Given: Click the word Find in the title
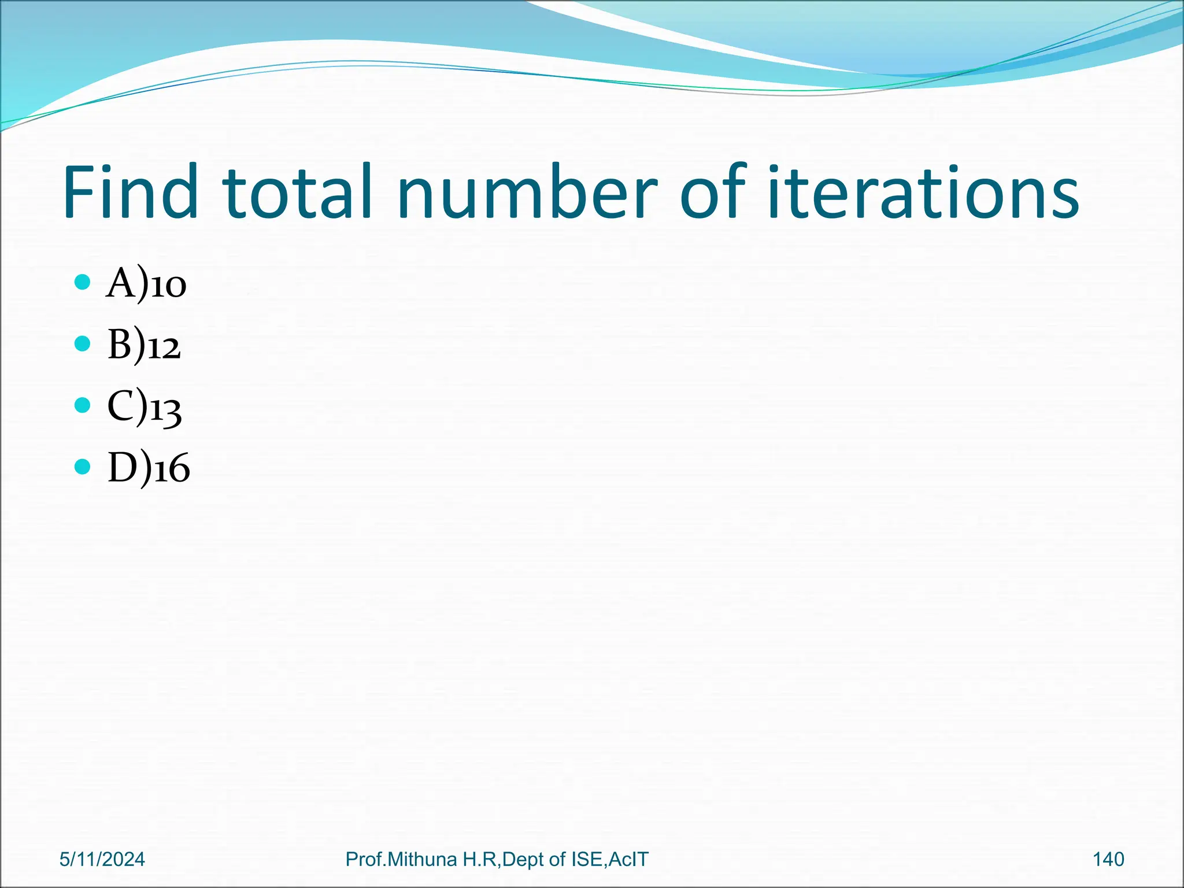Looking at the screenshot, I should click(x=131, y=192).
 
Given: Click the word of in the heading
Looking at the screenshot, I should click(x=714, y=192).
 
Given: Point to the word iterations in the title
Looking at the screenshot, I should click(x=923, y=192).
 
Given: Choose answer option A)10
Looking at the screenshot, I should click(x=146, y=284).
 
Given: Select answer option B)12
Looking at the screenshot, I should click(x=144, y=346).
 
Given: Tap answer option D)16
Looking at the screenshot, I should click(x=149, y=468).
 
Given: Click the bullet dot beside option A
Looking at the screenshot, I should click(x=83, y=283).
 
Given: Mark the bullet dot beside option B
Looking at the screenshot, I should click(x=83, y=344).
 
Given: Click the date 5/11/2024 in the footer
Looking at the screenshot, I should click(x=102, y=860).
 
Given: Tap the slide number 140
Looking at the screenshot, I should click(x=1108, y=860).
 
